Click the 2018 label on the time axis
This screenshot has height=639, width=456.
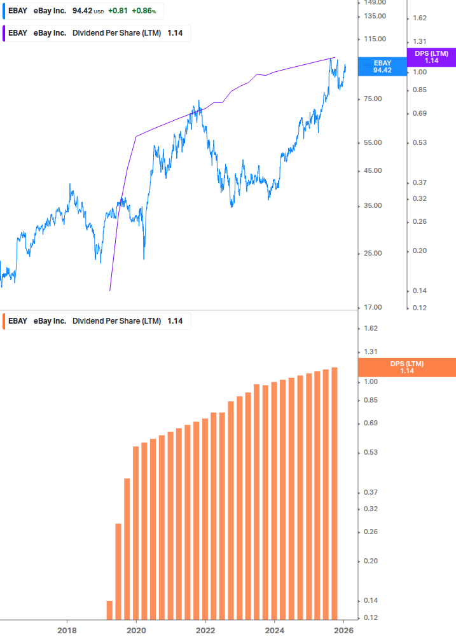tap(67, 630)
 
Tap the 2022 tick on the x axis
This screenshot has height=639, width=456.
tap(205, 630)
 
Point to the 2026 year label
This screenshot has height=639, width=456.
tap(344, 630)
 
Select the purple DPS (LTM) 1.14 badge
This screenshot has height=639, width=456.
tap(431, 57)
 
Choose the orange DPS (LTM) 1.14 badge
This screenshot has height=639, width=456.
tap(407, 367)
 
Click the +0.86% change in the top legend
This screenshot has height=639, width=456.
tap(144, 11)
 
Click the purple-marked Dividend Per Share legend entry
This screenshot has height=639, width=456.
tap(95, 33)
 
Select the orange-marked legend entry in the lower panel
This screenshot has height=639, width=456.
tap(95, 321)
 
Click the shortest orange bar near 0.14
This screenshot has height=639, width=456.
tap(109, 610)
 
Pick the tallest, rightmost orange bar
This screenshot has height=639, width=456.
tap(335, 493)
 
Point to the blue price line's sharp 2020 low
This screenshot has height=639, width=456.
tap(144, 258)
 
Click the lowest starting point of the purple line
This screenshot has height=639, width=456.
tap(110, 291)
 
